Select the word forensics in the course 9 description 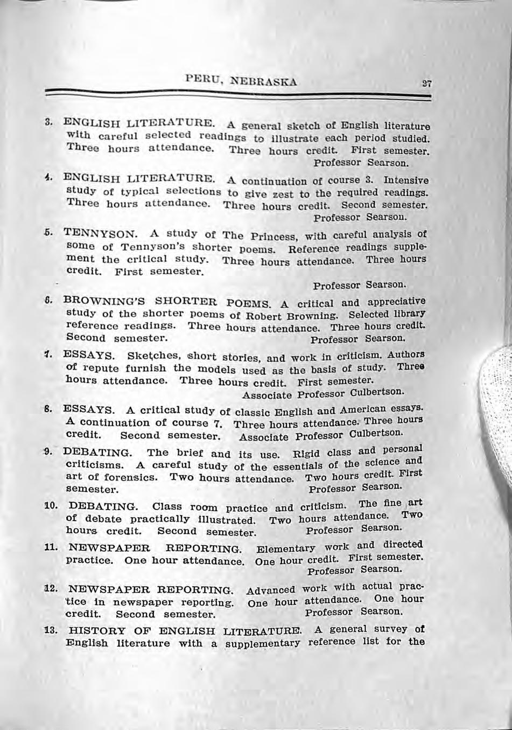[x=131, y=477]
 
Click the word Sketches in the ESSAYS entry [x=150, y=356]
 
